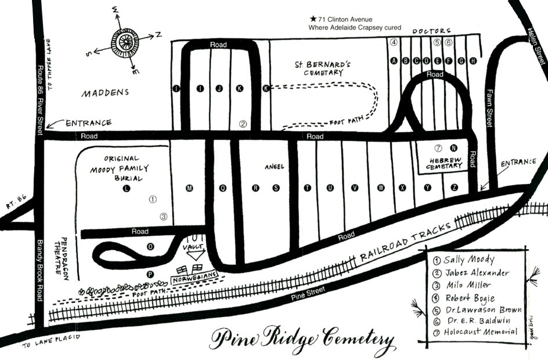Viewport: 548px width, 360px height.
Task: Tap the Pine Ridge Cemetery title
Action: [x=302, y=339]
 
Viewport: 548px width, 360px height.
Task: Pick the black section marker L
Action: [x=127, y=189]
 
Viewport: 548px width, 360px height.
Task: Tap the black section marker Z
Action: [x=454, y=187]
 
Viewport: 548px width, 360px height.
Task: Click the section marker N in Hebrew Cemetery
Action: [x=454, y=147]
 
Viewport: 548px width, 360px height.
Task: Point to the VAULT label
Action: [x=194, y=247]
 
